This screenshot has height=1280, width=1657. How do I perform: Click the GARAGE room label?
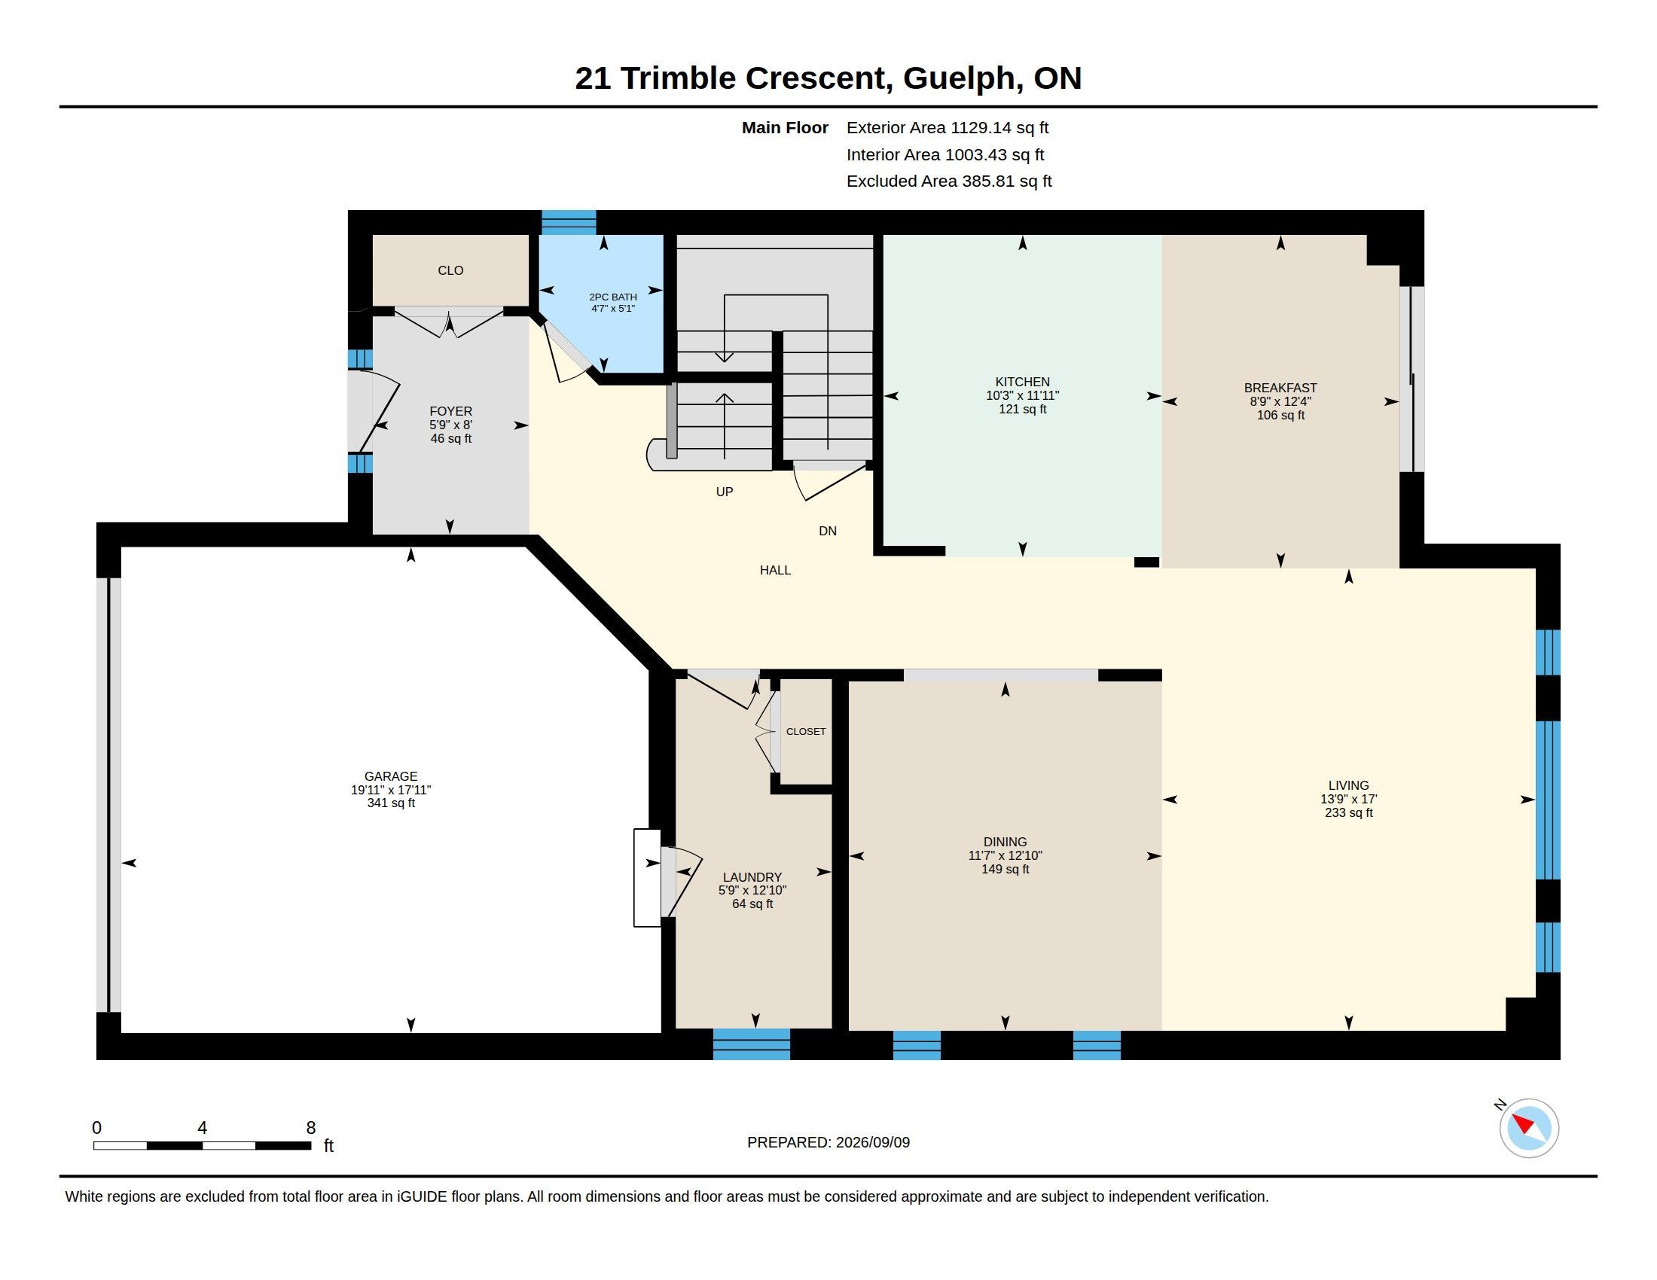click(x=391, y=776)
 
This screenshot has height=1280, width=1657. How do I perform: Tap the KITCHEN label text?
click(x=1022, y=382)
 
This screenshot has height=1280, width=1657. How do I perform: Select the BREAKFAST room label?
click(x=1280, y=389)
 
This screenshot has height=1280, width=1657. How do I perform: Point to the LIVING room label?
click(x=1348, y=785)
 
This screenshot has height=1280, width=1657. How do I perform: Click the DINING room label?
click(x=1005, y=842)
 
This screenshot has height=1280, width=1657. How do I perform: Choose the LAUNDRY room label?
click(x=752, y=877)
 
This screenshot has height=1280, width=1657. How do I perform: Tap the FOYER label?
click(x=450, y=411)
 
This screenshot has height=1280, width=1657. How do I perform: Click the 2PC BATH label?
click(x=613, y=297)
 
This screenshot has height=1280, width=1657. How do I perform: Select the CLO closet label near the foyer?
click(x=450, y=271)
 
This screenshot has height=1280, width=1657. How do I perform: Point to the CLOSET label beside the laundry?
click(x=806, y=732)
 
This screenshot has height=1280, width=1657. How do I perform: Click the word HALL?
click(x=774, y=570)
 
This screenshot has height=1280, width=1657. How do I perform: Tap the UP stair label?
click(x=725, y=492)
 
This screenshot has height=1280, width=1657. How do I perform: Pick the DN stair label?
click(x=827, y=531)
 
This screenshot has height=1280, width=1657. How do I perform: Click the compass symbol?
click(x=1528, y=1129)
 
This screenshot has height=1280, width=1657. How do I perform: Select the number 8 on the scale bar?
click(x=310, y=1128)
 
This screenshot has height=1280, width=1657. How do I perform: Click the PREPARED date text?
click(x=828, y=1142)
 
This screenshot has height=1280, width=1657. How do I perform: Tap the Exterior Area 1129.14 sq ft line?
click(x=947, y=128)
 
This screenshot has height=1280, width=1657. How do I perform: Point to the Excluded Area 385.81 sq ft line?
click(x=948, y=181)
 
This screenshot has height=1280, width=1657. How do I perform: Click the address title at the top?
click(x=828, y=78)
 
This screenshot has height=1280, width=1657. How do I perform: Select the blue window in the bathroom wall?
click(x=568, y=222)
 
